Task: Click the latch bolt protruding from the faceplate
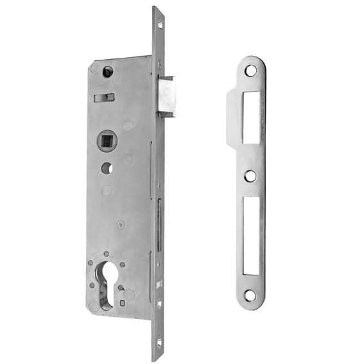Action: pyautogui.click(x=166, y=96)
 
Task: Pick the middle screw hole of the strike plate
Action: pyautogui.click(x=250, y=175)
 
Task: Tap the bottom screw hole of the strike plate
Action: pyautogui.click(x=250, y=295)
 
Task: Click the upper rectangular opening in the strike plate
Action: pyautogui.click(x=250, y=117)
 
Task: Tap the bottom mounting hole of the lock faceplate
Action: pyautogui.click(x=159, y=343)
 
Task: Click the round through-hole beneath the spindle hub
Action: pyautogui.click(x=106, y=168)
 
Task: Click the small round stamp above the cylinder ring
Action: pyautogui.click(x=120, y=225)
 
